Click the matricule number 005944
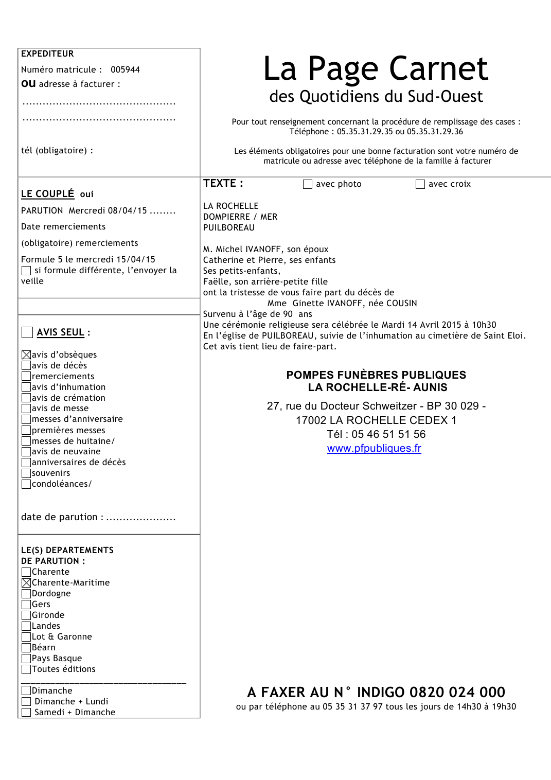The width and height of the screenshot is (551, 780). point(125,69)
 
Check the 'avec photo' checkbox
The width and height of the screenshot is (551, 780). point(308,184)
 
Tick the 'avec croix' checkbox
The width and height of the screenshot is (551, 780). point(420,184)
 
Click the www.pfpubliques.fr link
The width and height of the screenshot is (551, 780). point(374,448)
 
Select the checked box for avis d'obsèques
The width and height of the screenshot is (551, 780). point(26,354)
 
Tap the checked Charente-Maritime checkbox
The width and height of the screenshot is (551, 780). point(26,583)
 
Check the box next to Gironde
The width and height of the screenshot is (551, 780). point(26,615)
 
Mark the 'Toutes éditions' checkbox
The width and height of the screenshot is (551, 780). point(26,669)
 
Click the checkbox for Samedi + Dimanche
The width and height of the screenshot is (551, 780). point(26,713)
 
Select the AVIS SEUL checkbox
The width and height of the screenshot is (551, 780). point(27,332)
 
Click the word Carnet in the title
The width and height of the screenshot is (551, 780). point(438,69)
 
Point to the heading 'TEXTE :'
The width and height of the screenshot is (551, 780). point(223,184)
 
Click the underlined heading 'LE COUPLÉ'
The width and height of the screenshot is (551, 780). point(47,194)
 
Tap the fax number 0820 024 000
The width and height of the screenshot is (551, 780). point(457,692)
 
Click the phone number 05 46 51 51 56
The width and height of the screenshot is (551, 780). point(388,434)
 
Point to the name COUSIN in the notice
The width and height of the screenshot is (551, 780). point(401,303)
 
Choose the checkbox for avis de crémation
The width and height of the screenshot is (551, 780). point(26,398)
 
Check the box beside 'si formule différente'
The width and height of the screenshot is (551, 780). point(26,271)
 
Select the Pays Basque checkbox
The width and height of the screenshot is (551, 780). point(26,659)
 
